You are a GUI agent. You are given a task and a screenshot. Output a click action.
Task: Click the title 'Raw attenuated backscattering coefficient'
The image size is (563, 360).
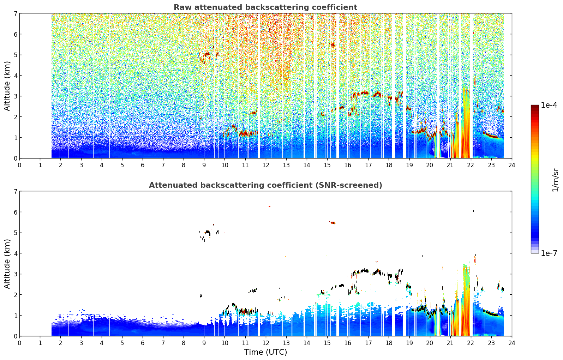(265, 7)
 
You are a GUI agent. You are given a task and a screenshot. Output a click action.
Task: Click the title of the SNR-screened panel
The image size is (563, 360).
(265, 185)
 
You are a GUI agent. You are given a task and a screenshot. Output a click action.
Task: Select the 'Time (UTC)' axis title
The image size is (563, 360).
(265, 352)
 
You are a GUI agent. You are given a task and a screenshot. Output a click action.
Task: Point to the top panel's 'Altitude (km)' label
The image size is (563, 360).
(7, 86)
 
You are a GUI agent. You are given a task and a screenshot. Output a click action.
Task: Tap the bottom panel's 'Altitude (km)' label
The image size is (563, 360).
(7, 264)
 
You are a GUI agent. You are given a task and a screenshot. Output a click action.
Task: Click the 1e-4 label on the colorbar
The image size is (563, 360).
(549, 105)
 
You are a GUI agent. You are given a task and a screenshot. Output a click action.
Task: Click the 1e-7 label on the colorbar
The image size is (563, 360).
(549, 253)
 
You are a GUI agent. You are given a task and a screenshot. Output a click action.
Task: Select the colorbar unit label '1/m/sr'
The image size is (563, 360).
(555, 180)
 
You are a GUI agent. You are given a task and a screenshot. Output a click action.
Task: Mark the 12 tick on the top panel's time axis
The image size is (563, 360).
(266, 165)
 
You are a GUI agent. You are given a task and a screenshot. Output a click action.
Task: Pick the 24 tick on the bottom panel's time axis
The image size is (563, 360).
(512, 343)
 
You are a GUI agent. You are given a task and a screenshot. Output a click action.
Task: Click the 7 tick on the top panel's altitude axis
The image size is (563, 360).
(15, 13)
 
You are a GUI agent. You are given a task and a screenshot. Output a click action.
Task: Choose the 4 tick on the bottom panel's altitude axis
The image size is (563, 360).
(15, 253)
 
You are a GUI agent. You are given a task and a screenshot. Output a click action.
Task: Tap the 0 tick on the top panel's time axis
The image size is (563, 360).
(20, 165)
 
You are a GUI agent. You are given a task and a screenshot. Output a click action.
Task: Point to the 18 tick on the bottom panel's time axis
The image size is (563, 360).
(389, 343)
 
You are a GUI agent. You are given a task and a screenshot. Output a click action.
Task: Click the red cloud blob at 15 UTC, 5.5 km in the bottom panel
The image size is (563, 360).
(333, 222)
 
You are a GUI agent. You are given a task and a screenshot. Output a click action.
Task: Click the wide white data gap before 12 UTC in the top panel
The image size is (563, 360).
(259, 86)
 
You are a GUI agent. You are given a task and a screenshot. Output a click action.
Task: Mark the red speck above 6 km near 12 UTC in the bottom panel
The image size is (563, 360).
(270, 206)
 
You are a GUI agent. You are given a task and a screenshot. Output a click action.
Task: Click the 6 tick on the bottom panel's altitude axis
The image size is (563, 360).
(15, 212)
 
